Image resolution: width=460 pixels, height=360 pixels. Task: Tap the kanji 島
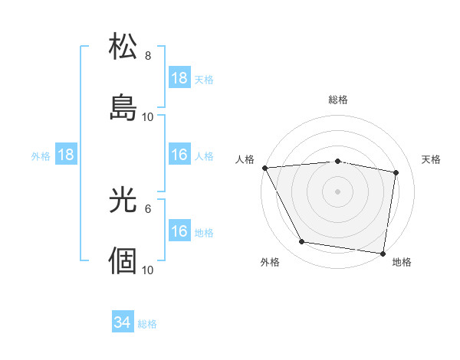(x=123, y=108)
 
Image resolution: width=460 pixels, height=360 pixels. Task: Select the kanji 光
(x=123, y=199)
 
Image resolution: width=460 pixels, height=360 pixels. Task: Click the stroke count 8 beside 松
(x=147, y=56)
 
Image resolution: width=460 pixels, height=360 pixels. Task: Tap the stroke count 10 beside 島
(x=148, y=117)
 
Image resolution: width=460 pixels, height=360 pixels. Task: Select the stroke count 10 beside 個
(x=148, y=270)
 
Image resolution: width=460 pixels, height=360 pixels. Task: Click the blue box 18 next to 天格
(x=179, y=78)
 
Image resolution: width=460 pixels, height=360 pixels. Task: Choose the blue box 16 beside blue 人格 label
(x=179, y=155)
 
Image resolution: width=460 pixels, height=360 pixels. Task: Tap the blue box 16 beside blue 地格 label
(x=179, y=231)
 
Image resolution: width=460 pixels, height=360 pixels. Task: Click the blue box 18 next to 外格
(x=66, y=155)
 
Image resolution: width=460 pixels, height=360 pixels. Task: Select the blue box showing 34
(x=123, y=322)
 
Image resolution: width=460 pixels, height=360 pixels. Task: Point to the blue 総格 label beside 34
(x=147, y=324)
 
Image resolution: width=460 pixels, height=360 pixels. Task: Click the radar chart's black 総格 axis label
(x=338, y=100)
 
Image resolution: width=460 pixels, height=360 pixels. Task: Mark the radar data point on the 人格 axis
(x=264, y=167)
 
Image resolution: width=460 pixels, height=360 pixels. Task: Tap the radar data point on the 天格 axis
(x=396, y=172)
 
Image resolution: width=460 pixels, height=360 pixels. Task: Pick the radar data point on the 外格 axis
(x=302, y=242)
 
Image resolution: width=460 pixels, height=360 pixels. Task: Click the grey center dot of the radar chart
(x=338, y=191)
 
